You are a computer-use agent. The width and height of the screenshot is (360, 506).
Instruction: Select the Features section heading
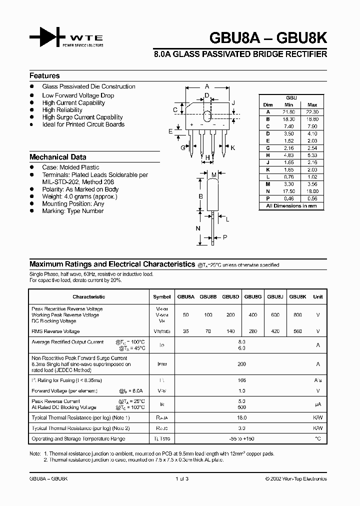(44, 76)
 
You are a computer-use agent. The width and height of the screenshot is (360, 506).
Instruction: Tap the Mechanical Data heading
(57, 156)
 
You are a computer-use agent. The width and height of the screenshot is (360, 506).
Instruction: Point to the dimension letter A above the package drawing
(206, 86)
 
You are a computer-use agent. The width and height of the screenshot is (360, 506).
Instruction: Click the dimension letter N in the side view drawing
(198, 228)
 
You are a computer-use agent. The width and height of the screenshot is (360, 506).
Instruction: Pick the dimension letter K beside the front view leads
(232, 148)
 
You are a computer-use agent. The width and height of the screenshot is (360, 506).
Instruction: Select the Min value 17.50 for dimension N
(288, 191)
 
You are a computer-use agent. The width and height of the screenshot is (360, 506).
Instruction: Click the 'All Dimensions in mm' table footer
(291, 205)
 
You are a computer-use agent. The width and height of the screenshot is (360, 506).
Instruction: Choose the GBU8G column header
(253, 296)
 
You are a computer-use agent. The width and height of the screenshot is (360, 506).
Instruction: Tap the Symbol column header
(161, 296)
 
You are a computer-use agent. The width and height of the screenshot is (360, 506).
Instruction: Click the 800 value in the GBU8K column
(297, 315)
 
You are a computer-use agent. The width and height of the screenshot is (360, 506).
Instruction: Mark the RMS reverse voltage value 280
(253, 331)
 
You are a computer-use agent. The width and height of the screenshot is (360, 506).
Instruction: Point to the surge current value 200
(242, 364)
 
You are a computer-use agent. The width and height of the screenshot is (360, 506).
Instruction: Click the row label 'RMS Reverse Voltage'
(55, 331)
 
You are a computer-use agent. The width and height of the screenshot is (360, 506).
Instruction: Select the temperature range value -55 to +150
(242, 438)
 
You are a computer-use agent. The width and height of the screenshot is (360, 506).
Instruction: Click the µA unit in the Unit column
(317, 404)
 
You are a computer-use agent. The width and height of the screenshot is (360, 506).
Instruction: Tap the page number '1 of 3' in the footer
(181, 478)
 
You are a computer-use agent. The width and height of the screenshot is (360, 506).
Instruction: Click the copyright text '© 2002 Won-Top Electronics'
(295, 478)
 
